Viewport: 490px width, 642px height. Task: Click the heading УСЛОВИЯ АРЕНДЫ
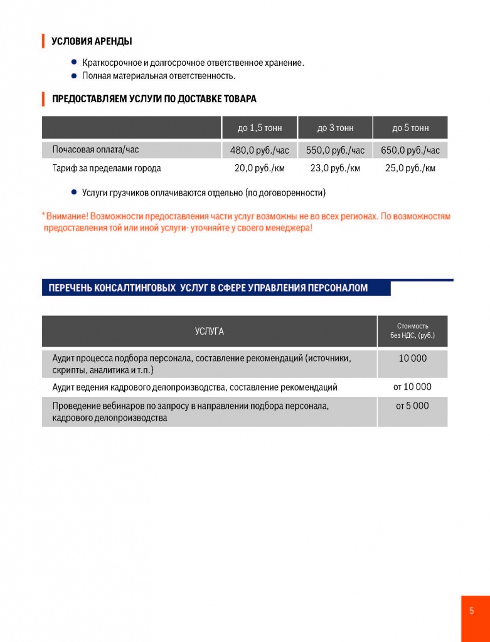[x=92, y=42]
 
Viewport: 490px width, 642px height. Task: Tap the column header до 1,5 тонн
[x=260, y=128]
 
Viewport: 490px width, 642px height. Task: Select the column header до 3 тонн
[x=335, y=128]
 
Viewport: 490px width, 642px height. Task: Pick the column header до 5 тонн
[x=410, y=128]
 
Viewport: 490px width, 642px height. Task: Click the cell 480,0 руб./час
[x=260, y=150]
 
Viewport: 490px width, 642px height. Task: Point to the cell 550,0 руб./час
[x=335, y=150]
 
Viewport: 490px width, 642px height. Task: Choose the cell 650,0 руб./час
[x=410, y=150]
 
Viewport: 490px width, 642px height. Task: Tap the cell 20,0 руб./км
[x=260, y=168]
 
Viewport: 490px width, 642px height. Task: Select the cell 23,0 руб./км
[x=335, y=168]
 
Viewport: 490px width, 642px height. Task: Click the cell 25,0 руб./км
[x=410, y=168]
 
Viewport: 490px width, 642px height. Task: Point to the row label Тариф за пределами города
[x=107, y=168]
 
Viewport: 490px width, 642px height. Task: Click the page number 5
[x=472, y=611]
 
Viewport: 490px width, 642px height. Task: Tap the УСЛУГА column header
[x=209, y=331]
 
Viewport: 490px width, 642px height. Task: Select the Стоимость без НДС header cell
[x=412, y=331]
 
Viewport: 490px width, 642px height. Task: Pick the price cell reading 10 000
[x=412, y=359]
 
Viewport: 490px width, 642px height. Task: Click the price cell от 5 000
[x=412, y=406]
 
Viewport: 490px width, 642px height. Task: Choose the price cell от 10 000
[x=412, y=387]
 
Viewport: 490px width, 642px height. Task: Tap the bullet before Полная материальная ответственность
[x=74, y=76]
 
